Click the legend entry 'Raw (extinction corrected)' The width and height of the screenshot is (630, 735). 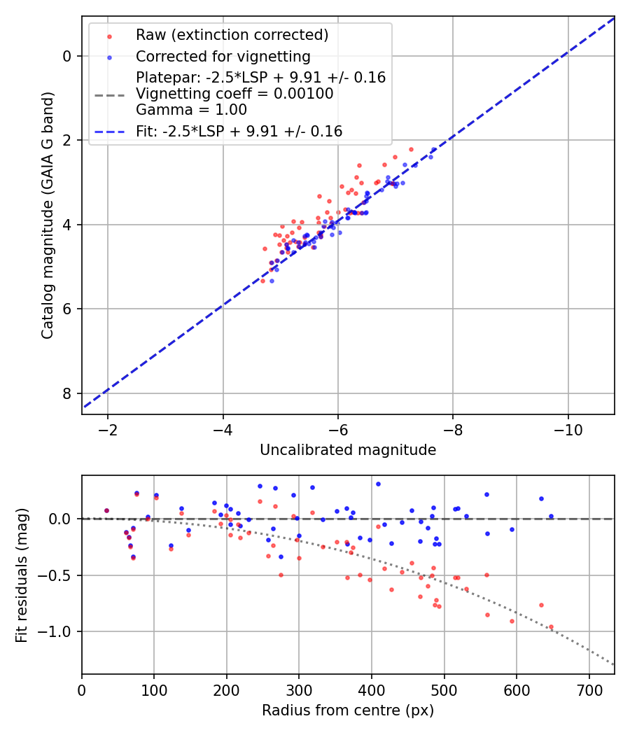(x=232, y=35)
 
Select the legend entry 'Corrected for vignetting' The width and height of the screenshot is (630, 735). (x=223, y=56)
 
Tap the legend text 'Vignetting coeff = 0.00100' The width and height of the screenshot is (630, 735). (x=234, y=94)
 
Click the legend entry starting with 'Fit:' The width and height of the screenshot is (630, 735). (x=239, y=131)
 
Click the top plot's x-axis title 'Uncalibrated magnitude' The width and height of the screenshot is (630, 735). (x=348, y=450)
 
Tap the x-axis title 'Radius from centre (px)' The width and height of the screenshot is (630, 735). (x=348, y=710)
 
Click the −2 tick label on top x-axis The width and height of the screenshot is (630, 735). (x=108, y=428)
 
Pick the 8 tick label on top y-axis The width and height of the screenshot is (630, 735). (x=67, y=393)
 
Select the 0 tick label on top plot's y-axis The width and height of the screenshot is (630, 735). (x=67, y=56)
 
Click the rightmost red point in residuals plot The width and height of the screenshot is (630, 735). (x=551, y=627)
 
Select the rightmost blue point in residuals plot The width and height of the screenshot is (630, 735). (x=551, y=516)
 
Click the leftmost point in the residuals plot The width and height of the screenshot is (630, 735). (x=106, y=511)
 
